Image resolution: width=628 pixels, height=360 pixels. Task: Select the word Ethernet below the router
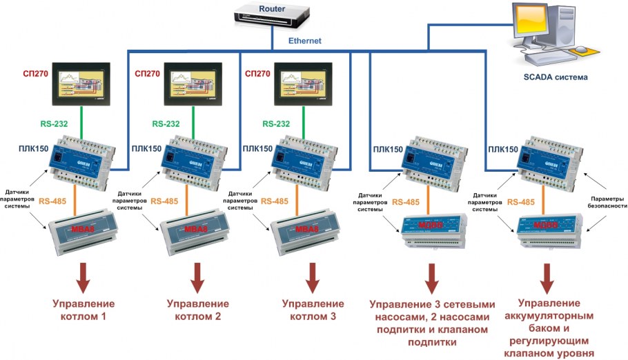pos(305,41)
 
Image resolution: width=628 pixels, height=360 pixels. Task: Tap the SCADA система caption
pos(556,77)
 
